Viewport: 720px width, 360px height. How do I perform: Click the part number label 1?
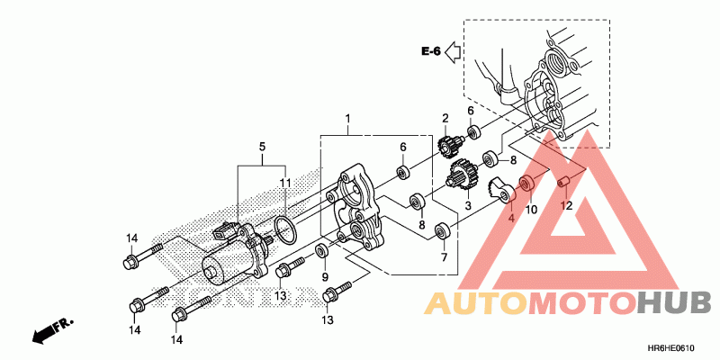[348, 119]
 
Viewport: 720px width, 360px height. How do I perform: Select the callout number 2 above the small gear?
[445, 119]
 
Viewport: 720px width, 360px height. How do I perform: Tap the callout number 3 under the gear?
[467, 206]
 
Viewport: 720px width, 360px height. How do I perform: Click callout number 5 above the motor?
[263, 146]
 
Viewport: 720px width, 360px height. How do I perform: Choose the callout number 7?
[444, 257]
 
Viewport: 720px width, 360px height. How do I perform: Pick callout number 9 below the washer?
[325, 277]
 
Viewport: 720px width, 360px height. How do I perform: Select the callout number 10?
[531, 209]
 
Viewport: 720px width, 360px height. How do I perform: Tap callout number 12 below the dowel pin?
[567, 205]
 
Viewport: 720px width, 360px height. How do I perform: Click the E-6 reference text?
[430, 51]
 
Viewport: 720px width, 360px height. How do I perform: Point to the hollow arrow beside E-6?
[454, 51]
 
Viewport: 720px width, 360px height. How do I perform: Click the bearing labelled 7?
[443, 231]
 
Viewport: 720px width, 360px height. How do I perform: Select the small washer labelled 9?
[322, 249]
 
